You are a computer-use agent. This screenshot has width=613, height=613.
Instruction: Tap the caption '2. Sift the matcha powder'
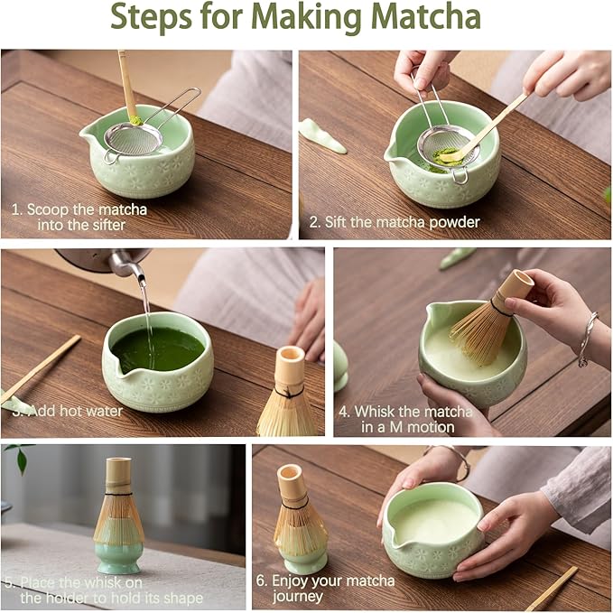coord(395,221)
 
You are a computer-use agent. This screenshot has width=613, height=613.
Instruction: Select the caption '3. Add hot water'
coord(69,410)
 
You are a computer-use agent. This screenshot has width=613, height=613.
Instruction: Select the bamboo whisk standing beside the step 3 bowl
coord(287,397)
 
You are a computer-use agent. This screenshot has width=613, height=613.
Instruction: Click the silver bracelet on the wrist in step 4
coord(587,339)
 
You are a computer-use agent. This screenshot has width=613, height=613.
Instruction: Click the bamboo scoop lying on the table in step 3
coord(41,368)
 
